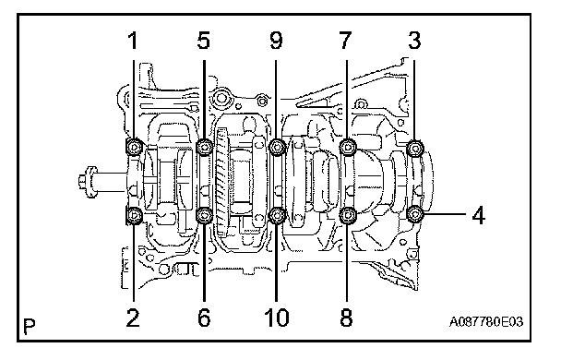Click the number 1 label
click(133, 41)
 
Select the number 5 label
click(203, 41)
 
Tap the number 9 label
click(276, 41)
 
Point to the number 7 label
click(345, 41)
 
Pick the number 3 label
click(414, 41)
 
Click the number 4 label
click(478, 215)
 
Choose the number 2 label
click(133, 318)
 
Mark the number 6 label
click(204, 318)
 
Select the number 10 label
click(276, 318)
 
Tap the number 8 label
click(346, 318)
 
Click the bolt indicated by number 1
click(134, 147)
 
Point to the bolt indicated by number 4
click(415, 215)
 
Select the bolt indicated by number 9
click(277, 147)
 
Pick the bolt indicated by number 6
click(205, 215)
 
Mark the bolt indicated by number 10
click(277, 215)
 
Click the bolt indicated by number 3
click(415, 148)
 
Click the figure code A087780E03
click(486, 322)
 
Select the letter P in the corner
click(30, 326)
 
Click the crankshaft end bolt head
click(88, 182)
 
